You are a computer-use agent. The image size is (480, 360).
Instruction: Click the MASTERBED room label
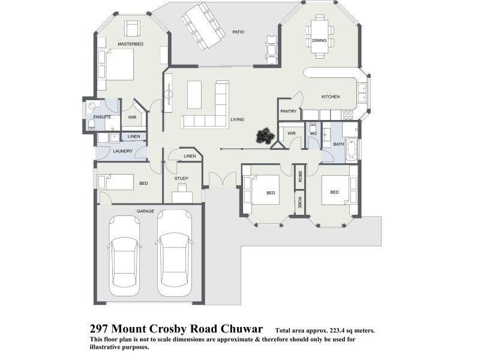pyautogui.click(x=130, y=44)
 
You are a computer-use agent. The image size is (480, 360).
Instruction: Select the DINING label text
pyautogui.click(x=319, y=41)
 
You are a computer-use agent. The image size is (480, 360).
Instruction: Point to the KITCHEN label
pyautogui.click(x=331, y=97)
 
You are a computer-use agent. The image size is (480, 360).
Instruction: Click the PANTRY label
pyautogui.click(x=289, y=111)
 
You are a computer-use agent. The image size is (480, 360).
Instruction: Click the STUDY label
pyautogui.click(x=181, y=179)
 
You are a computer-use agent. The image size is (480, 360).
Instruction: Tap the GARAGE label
pyautogui.click(x=145, y=211)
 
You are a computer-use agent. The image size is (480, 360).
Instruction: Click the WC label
pyautogui.click(x=313, y=133)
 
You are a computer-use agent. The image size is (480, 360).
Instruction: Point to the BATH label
pyautogui.click(x=338, y=144)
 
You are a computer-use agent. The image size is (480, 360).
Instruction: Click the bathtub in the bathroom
pyautogui.click(x=352, y=149)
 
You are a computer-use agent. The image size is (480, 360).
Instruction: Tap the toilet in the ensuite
pyautogui.click(x=91, y=124)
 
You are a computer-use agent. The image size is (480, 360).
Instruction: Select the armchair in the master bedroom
pyautogui.click(x=133, y=28)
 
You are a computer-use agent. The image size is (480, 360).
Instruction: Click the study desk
pyautogui.click(x=182, y=195)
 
